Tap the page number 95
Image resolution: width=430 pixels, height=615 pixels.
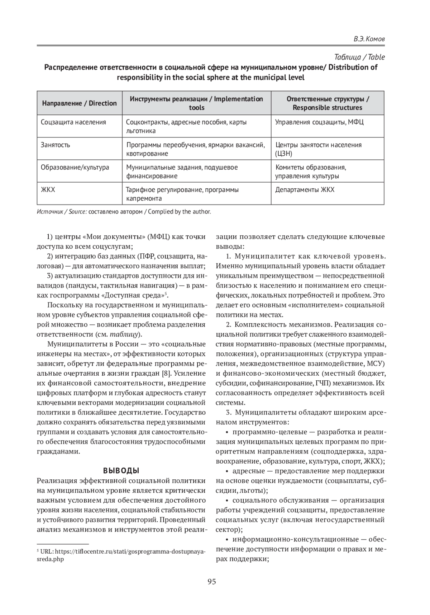pyautogui.click(x=211, y=582)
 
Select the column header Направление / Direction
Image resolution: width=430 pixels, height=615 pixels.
pyautogui.click(x=80, y=103)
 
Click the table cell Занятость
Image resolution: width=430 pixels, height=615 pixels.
pyautogui.click(x=55, y=145)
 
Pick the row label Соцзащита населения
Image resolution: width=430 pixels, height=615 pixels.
pyautogui.click(x=73, y=122)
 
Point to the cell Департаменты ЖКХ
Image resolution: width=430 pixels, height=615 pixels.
pyautogui.click(x=305, y=189)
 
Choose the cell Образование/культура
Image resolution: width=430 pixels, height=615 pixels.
pyautogui.click(x=75, y=167)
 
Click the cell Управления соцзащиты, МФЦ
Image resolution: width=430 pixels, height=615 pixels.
pyautogui.click(x=319, y=122)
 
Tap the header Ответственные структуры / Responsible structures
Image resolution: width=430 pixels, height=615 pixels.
pyautogui.click(x=327, y=103)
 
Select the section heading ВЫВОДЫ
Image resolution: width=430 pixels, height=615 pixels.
pyautogui.click(x=121, y=471)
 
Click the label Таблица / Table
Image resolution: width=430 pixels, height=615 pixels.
pyautogui.click(x=359, y=57)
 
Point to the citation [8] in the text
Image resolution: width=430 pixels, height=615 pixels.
pyautogui.click(x=166, y=373)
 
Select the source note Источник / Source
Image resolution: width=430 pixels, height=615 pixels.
pyautogui.click(x=62, y=212)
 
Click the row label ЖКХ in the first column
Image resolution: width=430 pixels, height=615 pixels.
pyautogui.click(x=48, y=189)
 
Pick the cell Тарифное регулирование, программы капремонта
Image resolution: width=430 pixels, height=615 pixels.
pyautogui.click(x=182, y=194)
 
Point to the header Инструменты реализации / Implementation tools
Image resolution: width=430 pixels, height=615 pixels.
pyautogui.click(x=196, y=103)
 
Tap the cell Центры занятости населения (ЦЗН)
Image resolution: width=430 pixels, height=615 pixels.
pyautogui.click(x=318, y=149)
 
